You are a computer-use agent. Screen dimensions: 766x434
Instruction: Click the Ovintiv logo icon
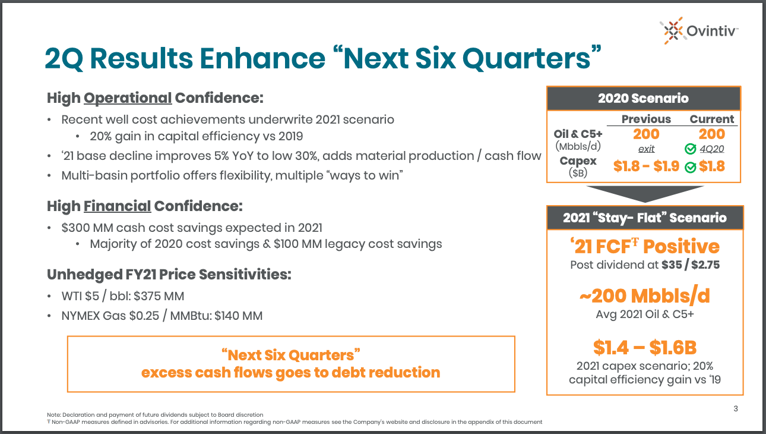pyautogui.click(x=673, y=30)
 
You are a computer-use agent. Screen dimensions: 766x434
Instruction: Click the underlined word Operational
pyautogui.click(x=128, y=98)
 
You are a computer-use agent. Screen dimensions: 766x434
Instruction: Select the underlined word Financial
pyautogui.click(x=118, y=206)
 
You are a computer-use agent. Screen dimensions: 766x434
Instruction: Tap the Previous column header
pyautogui.click(x=646, y=119)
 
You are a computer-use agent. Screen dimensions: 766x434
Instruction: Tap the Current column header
pyautogui.click(x=711, y=119)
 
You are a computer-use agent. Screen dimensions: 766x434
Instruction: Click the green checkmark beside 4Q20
pyautogui.click(x=691, y=149)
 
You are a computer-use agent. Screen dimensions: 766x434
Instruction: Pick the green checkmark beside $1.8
pyautogui.click(x=691, y=167)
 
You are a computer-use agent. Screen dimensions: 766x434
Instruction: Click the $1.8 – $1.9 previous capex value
pyautogui.click(x=646, y=166)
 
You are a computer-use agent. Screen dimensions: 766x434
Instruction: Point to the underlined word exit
pyautogui.click(x=646, y=149)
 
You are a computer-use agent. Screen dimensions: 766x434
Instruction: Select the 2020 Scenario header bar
pyautogui.click(x=644, y=99)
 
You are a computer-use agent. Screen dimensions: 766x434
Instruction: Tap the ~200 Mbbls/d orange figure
pyautogui.click(x=645, y=296)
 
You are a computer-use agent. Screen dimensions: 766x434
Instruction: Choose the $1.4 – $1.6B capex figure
pyautogui.click(x=645, y=347)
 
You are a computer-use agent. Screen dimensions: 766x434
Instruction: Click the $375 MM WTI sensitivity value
pyautogui.click(x=159, y=297)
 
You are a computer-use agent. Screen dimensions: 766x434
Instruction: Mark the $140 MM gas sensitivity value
pyautogui.click(x=238, y=316)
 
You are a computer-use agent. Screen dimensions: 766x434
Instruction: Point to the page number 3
pyautogui.click(x=736, y=408)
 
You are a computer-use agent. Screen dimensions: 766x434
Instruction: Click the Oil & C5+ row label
pyautogui.click(x=578, y=134)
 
